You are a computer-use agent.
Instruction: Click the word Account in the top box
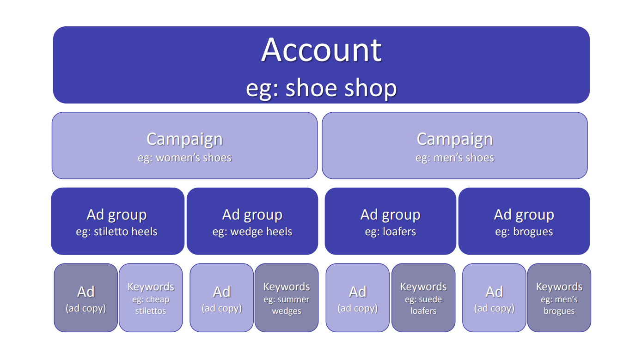click(x=321, y=49)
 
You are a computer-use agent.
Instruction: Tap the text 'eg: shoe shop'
click(x=321, y=88)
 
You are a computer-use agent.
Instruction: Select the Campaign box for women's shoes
click(x=184, y=146)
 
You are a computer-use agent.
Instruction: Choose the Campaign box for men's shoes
click(x=455, y=146)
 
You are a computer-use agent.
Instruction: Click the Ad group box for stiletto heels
click(x=117, y=221)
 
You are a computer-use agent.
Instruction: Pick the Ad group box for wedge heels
click(x=252, y=221)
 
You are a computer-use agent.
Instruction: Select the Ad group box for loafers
click(x=391, y=221)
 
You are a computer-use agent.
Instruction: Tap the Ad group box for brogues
click(x=524, y=221)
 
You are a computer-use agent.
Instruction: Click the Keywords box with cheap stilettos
click(x=151, y=298)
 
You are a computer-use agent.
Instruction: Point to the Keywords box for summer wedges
click(x=287, y=298)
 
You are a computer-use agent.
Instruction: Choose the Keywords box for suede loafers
click(x=423, y=298)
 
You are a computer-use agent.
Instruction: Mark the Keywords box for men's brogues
click(x=559, y=298)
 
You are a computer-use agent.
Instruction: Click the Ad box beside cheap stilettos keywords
click(x=86, y=298)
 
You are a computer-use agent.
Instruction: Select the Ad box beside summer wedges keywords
click(x=222, y=298)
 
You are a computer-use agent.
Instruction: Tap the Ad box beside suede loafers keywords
click(x=358, y=298)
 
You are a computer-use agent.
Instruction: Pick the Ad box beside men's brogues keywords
click(x=494, y=298)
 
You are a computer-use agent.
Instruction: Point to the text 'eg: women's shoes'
click(x=184, y=158)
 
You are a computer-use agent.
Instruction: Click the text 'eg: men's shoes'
click(x=455, y=158)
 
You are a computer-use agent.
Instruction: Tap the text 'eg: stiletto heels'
click(x=117, y=232)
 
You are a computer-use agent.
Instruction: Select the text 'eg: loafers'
click(x=391, y=232)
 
